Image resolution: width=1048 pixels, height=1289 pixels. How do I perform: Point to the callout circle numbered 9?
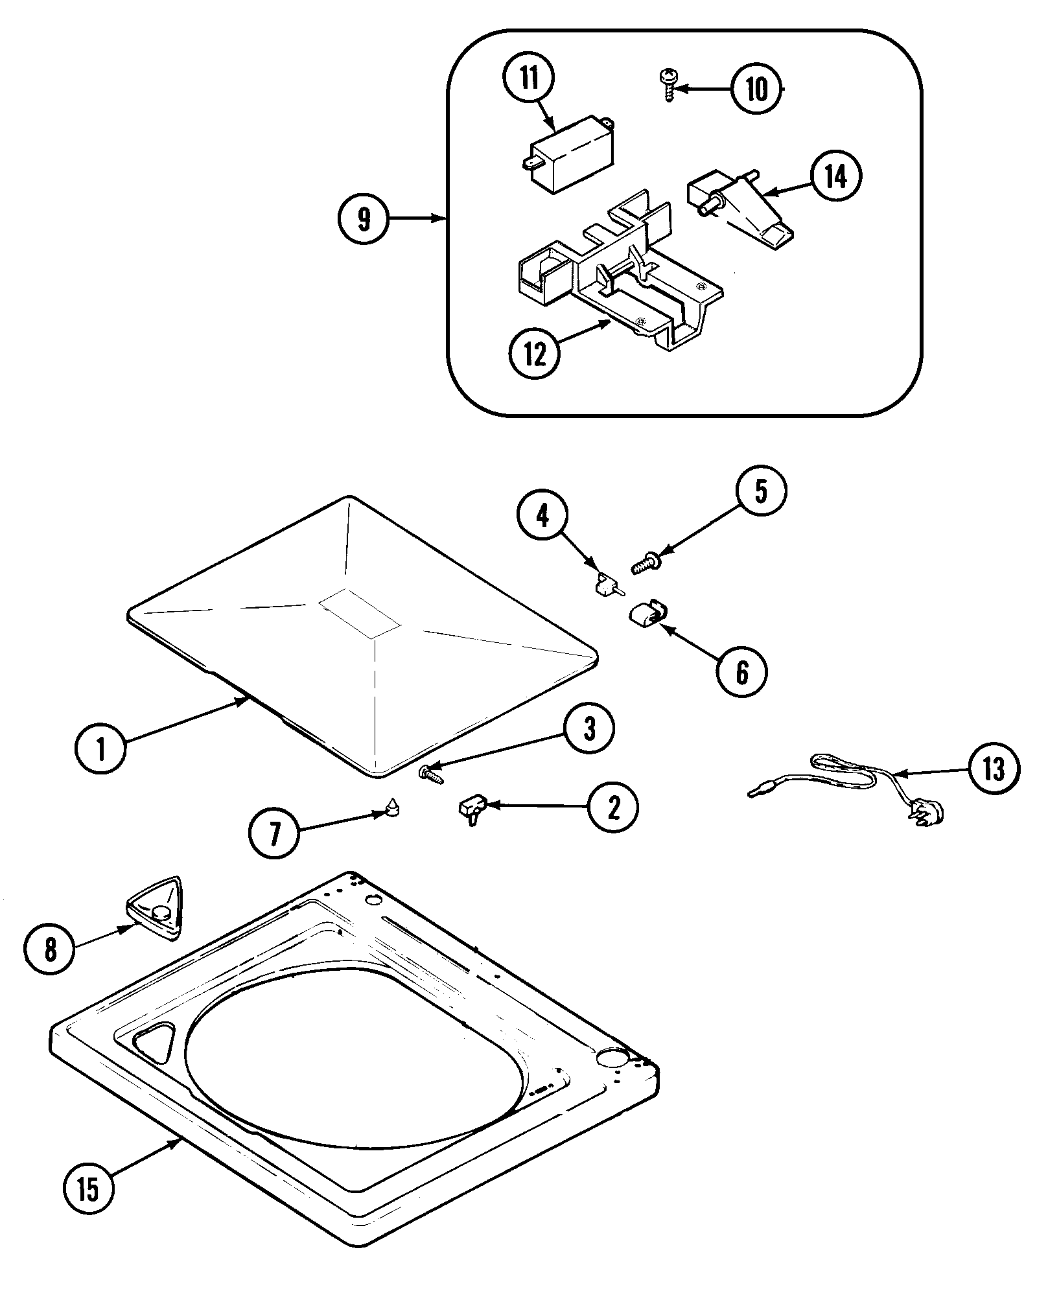364,219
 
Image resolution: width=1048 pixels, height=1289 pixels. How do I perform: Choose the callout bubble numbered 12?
535,353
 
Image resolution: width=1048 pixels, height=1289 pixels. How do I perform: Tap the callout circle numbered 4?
542,516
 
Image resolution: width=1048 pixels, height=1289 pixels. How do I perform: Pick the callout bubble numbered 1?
100,748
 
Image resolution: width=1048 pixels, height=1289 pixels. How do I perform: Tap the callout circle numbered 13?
994,769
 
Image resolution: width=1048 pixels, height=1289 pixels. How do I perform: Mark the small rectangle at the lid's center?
360,610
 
